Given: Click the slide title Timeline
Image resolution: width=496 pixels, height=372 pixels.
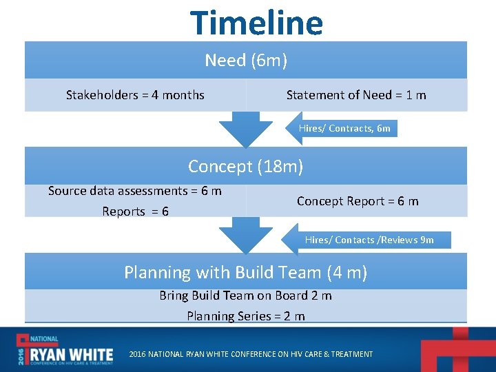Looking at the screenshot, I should pyautogui.click(x=256, y=23).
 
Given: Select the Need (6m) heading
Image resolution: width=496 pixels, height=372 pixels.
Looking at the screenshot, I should pyautogui.click(x=246, y=61).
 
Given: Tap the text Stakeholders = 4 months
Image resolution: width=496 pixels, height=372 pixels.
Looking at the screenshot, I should pyautogui.click(x=135, y=95).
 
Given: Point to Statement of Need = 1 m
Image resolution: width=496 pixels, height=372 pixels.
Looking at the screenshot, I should pyautogui.click(x=356, y=95).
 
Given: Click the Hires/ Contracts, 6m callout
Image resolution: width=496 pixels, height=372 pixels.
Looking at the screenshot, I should pyautogui.click(x=344, y=128).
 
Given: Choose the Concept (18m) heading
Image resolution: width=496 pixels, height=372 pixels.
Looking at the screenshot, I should pyautogui.click(x=246, y=167).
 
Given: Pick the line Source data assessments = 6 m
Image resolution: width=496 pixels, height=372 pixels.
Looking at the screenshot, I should pyautogui.click(x=135, y=191).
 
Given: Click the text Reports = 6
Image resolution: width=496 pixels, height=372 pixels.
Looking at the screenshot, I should pyautogui.click(x=135, y=211).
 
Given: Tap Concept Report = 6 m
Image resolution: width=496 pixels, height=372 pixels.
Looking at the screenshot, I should pyautogui.click(x=358, y=201).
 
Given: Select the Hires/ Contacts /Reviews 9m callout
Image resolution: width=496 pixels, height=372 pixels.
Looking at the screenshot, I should pyautogui.click(x=369, y=240).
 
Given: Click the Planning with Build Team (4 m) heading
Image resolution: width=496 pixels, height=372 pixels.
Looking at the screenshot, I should pyautogui.click(x=246, y=273).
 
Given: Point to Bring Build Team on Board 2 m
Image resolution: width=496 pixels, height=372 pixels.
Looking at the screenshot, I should pyautogui.click(x=246, y=296).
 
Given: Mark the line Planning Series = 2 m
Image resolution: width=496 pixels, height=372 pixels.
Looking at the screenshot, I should pyautogui.click(x=246, y=316).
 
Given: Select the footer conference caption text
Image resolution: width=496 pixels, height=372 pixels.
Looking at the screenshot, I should pyautogui.click(x=251, y=354).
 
